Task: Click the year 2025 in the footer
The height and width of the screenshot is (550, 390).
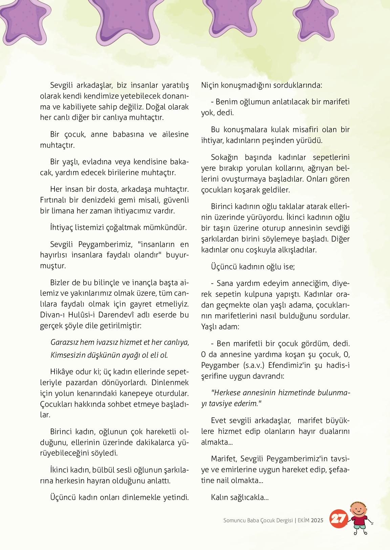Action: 317,521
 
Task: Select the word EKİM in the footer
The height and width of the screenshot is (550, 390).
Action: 304,521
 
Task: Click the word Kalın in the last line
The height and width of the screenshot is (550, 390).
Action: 219,497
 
